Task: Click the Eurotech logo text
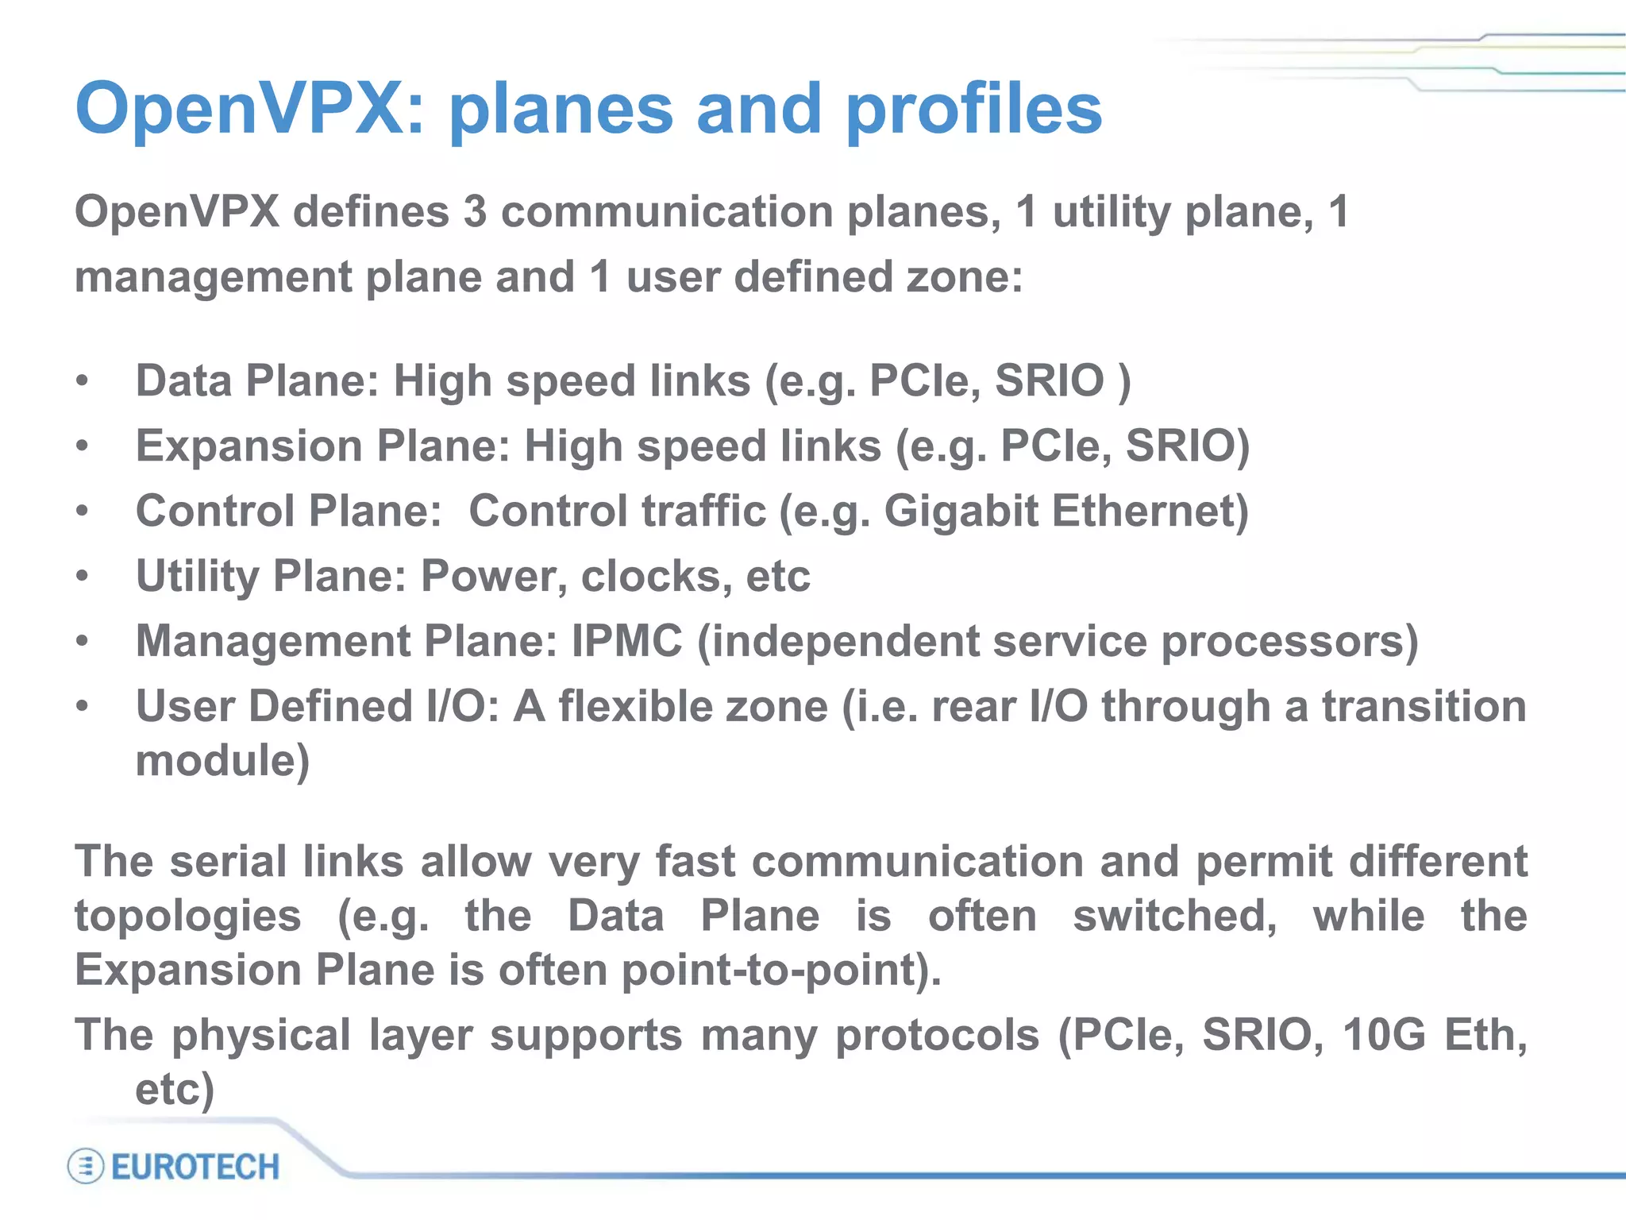[195, 1167]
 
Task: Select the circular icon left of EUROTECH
[85, 1167]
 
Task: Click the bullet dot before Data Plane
[83, 381]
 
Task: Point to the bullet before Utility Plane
[83, 577]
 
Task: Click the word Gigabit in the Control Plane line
[961, 511]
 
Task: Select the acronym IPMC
[626, 641]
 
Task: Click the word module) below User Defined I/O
[222, 761]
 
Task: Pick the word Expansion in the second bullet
[249, 446]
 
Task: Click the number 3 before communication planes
[475, 212]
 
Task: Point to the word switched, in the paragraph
[1174, 916]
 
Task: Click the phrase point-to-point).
[781, 971]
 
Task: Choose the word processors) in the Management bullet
[1289, 641]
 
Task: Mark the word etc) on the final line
[175, 1089]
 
